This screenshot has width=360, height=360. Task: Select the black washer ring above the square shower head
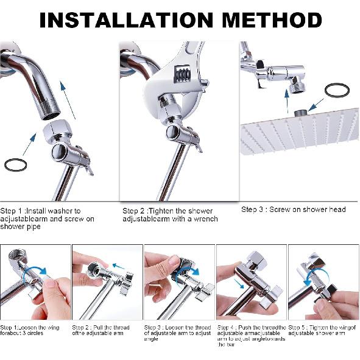[336, 91]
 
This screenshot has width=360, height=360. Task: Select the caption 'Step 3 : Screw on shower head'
[293, 210]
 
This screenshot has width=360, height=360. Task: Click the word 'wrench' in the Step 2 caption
[202, 219]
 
